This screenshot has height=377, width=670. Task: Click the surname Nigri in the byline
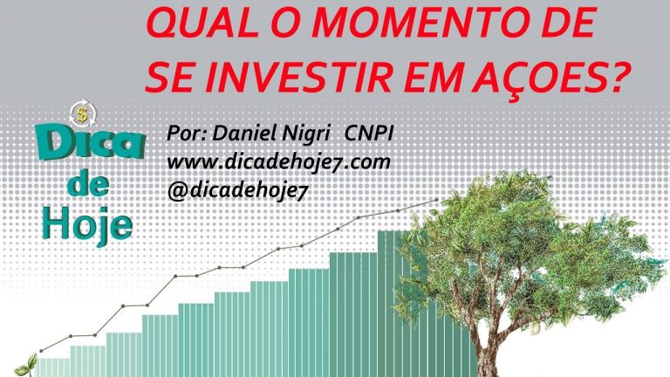(x=306, y=134)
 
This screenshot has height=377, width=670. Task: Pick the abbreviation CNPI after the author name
(x=369, y=134)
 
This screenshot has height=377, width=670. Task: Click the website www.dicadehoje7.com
(x=278, y=162)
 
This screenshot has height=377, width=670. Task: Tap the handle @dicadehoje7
(x=237, y=190)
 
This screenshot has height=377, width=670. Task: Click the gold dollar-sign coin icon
(x=83, y=114)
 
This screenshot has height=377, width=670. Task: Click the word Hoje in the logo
(x=86, y=226)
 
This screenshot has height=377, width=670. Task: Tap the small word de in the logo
(x=87, y=184)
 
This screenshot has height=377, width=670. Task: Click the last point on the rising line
(x=436, y=200)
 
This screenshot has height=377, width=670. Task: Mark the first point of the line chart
(x=41, y=351)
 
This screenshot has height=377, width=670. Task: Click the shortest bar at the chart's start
(x=54, y=367)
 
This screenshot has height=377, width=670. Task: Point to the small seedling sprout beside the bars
(x=26, y=366)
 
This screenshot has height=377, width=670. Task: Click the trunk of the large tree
(x=486, y=346)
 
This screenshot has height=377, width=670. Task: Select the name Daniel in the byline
(x=245, y=134)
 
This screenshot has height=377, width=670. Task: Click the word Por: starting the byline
(x=187, y=134)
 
